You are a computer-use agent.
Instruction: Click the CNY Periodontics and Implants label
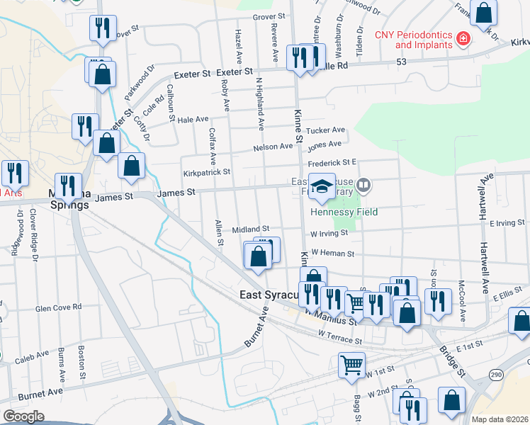[413, 39]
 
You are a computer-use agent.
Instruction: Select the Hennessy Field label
[344, 212]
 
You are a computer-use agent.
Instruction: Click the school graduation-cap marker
[322, 188]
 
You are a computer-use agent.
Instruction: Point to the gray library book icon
[363, 186]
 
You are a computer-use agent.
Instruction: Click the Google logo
[23, 416]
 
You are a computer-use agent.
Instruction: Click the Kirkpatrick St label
[206, 171]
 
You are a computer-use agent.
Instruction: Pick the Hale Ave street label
[193, 120]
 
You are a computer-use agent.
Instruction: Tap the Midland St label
[256, 229]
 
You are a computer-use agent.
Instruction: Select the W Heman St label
[332, 253]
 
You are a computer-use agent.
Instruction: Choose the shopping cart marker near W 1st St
[351, 366]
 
